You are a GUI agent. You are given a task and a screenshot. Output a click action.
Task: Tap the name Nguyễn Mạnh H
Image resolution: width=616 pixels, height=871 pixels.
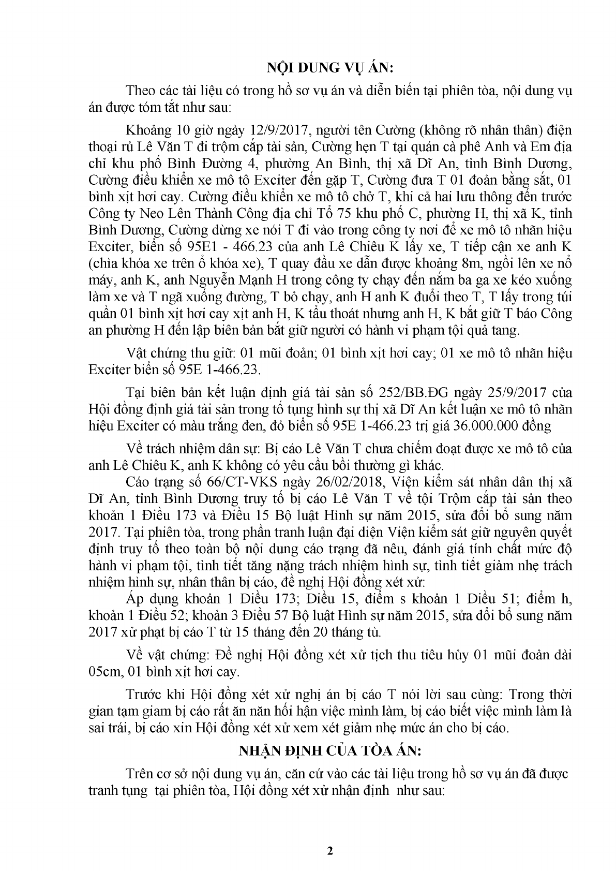[x=224, y=281]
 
